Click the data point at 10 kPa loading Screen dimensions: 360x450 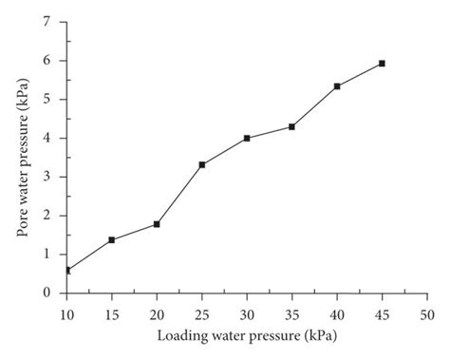[x=66, y=271]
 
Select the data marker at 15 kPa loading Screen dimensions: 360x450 [x=111, y=239]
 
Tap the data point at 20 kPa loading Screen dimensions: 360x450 [x=157, y=224]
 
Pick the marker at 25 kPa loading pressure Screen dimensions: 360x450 [x=201, y=164]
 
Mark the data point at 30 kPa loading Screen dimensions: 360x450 [x=247, y=138]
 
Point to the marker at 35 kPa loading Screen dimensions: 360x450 [x=291, y=126]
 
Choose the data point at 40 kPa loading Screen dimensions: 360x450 [x=337, y=86]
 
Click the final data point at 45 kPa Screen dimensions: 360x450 [x=382, y=63]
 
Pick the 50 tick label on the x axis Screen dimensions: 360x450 [x=427, y=312]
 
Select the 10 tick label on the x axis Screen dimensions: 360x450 [x=66, y=312]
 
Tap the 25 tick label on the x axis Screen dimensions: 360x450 [x=201, y=312]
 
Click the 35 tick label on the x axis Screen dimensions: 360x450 [x=291, y=312]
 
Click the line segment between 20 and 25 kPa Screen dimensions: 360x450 [x=179, y=194]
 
